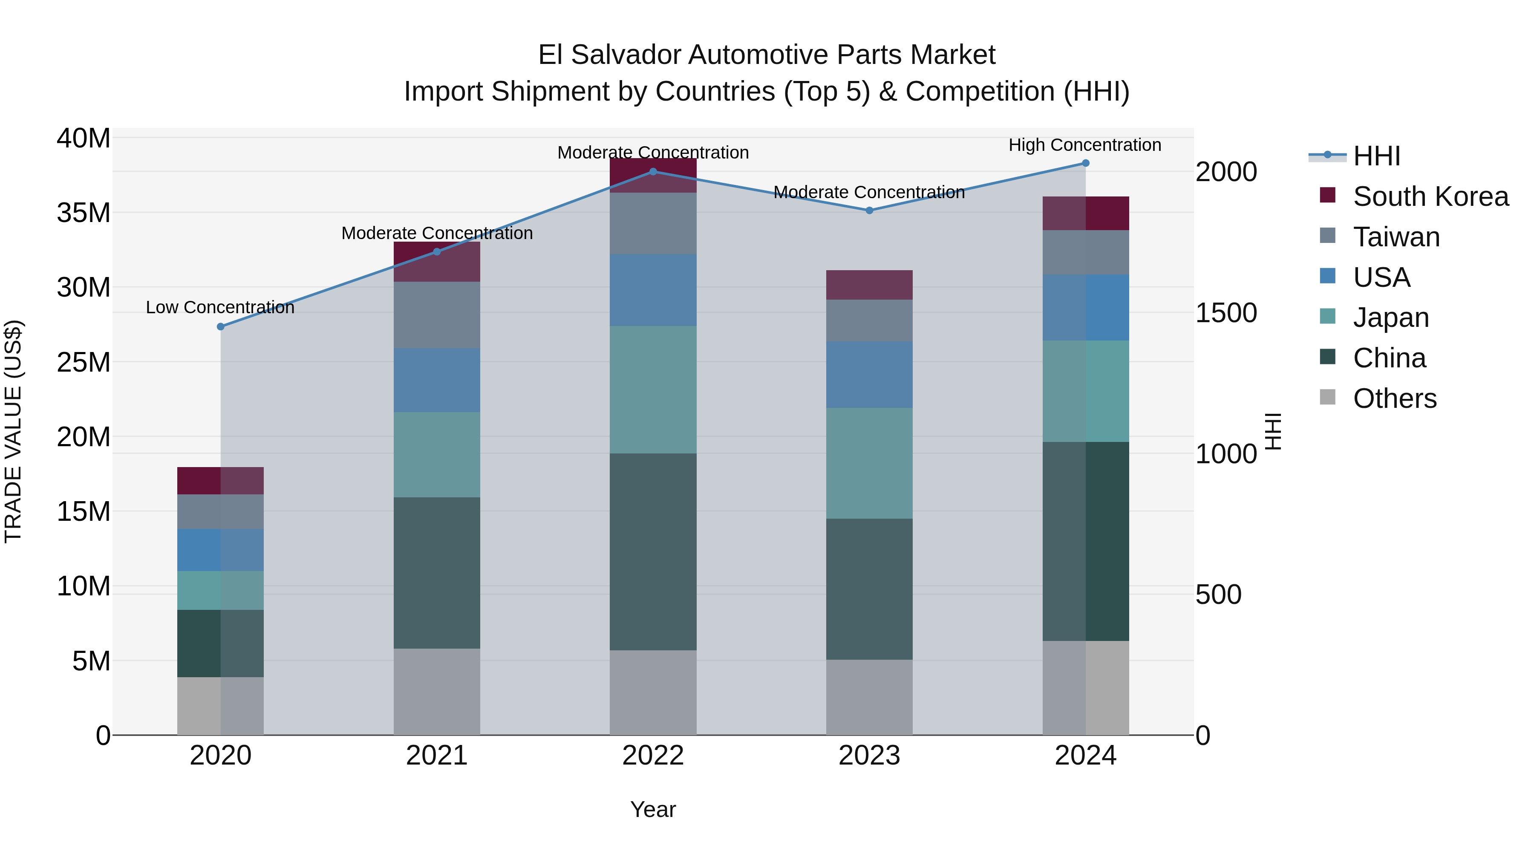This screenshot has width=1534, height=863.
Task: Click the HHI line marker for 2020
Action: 220,326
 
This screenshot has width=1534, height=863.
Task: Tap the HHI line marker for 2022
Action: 653,171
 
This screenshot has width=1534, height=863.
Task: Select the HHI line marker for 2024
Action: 1085,163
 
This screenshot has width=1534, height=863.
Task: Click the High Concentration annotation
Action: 1084,145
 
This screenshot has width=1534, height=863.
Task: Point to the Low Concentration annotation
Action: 220,307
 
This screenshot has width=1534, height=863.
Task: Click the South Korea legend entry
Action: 1430,196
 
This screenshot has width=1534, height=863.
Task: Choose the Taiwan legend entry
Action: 1396,237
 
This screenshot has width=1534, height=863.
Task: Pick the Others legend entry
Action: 1394,398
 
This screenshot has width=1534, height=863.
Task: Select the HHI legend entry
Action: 1376,156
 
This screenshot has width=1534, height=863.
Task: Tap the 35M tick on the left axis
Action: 84,213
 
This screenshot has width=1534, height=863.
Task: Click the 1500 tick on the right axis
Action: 1226,313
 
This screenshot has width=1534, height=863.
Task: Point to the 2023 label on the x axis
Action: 869,756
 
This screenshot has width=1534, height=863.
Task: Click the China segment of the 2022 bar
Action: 653,551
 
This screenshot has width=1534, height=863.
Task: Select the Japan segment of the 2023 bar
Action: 869,463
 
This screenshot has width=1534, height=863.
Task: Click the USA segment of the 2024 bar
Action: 1085,307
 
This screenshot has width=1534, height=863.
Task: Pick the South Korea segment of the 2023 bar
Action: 869,285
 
